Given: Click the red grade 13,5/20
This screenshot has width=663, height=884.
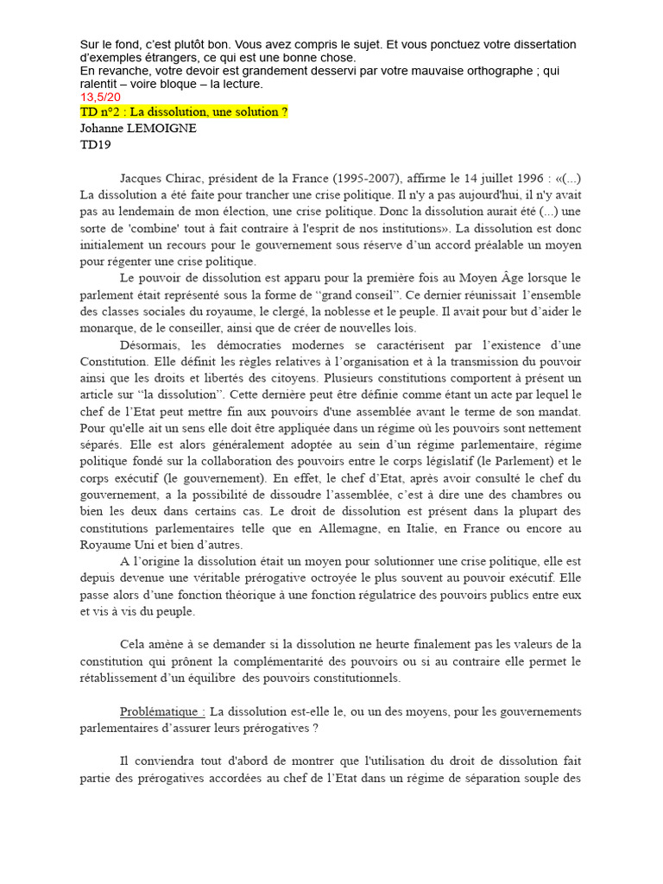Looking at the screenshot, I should click(x=100, y=98).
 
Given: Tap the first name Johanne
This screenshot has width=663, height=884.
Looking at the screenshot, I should click(x=107, y=129).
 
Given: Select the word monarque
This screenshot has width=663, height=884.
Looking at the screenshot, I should click(x=107, y=328).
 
